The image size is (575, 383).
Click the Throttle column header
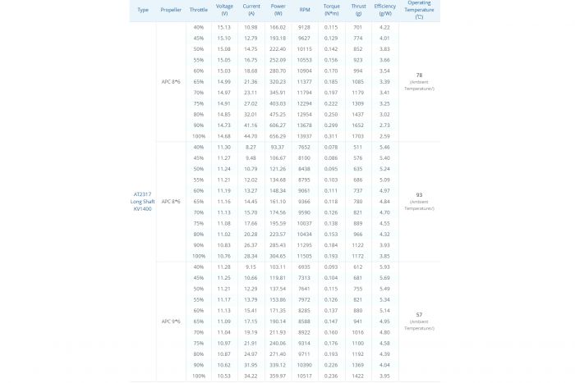point(198,10)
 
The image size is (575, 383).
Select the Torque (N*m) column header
point(331,10)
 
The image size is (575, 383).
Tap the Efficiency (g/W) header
point(384,10)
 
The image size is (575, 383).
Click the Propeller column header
point(171,10)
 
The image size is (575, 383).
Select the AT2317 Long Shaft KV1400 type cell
point(142,201)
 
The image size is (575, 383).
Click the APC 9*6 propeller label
point(171,321)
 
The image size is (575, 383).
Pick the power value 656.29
point(278,135)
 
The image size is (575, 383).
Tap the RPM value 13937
point(305,135)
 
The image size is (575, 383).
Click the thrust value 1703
point(358,135)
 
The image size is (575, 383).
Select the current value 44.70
point(251,135)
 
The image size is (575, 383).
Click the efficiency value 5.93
point(384,267)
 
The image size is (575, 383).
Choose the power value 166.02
point(278,28)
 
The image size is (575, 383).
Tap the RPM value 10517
point(305,375)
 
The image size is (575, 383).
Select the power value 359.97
point(278,375)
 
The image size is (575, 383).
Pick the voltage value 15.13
point(224,28)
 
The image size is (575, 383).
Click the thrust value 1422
point(358,375)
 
